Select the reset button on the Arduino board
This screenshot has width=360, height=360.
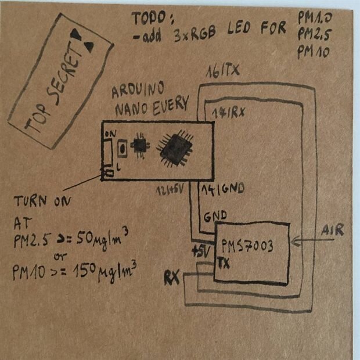(123, 149)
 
